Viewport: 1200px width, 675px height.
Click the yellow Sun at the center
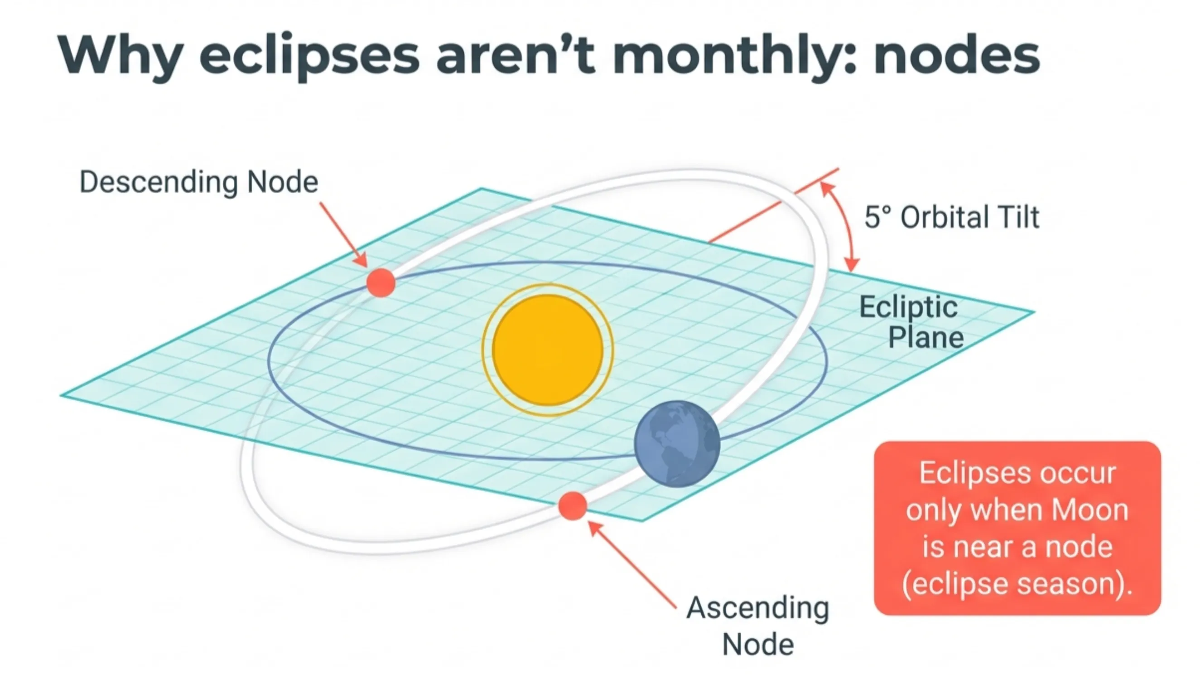547,350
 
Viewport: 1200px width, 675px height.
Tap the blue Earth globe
677,444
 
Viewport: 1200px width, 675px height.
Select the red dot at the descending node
381,282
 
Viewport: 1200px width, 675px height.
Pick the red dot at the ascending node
572,506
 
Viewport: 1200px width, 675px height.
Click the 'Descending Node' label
199,182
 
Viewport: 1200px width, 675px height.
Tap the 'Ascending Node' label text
757,626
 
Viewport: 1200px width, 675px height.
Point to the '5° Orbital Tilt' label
952,217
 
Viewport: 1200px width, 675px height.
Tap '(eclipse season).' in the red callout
1017,583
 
